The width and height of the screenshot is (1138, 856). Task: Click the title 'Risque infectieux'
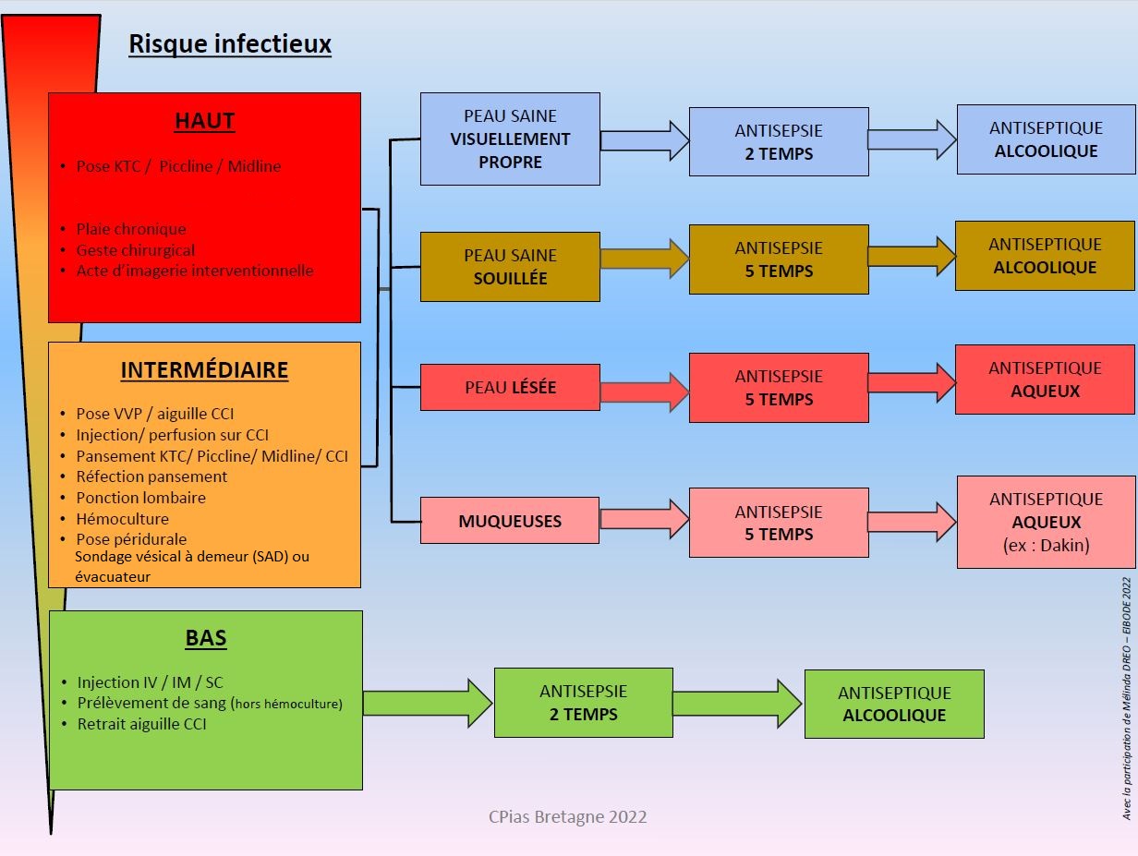point(229,43)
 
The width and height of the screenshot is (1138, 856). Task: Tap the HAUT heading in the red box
point(204,121)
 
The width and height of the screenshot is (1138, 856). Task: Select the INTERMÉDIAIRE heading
point(204,370)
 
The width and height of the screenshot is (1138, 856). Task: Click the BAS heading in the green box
point(205,638)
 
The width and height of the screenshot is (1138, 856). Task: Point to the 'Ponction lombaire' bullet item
point(140,498)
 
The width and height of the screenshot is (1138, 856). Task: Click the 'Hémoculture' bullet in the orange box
point(122,519)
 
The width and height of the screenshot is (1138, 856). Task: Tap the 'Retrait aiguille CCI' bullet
point(141,724)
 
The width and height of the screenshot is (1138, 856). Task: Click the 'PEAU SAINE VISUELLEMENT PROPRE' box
point(510,139)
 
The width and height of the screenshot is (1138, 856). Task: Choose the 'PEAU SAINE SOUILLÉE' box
point(510,267)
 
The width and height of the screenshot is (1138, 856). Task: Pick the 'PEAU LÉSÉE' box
point(510,388)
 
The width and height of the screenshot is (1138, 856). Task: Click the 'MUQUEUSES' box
point(510,521)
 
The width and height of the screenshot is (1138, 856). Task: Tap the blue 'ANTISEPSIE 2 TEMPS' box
point(779,142)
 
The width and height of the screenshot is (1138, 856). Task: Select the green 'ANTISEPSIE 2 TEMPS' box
point(583,703)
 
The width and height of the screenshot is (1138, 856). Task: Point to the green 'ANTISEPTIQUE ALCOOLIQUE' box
point(894,704)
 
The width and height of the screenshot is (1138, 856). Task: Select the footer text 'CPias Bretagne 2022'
point(567,816)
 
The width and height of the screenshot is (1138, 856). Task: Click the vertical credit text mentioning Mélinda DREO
point(1125,698)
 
